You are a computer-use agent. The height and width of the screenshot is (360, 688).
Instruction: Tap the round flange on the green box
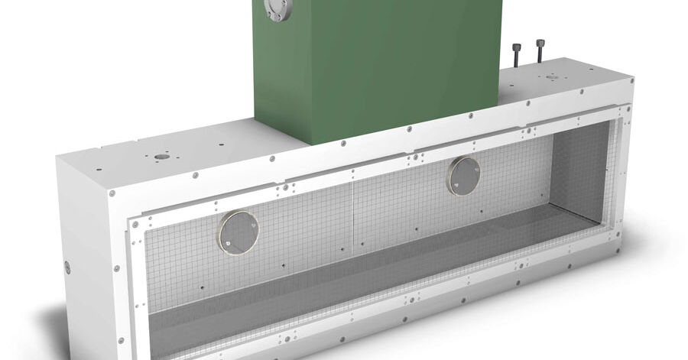(x=273, y=8)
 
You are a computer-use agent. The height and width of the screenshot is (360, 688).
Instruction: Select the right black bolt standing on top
(x=541, y=51)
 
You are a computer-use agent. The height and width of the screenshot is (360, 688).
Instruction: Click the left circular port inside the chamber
(x=239, y=232)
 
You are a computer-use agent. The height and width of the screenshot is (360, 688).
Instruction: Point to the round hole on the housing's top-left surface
(x=160, y=157)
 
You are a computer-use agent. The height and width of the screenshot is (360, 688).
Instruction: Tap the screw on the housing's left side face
(x=67, y=267)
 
